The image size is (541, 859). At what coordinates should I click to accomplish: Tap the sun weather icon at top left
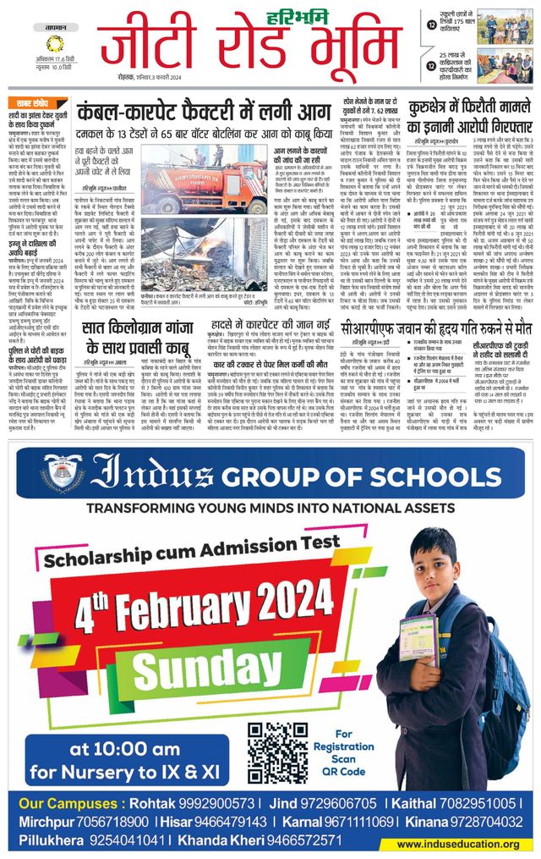(x=54, y=43)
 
